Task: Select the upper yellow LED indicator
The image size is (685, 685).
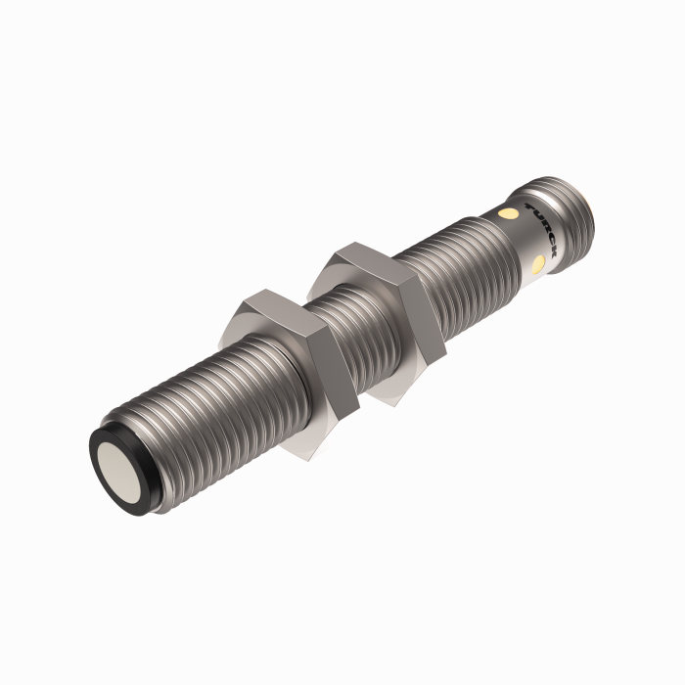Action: click(507, 212)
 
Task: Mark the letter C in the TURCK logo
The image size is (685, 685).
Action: click(550, 241)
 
